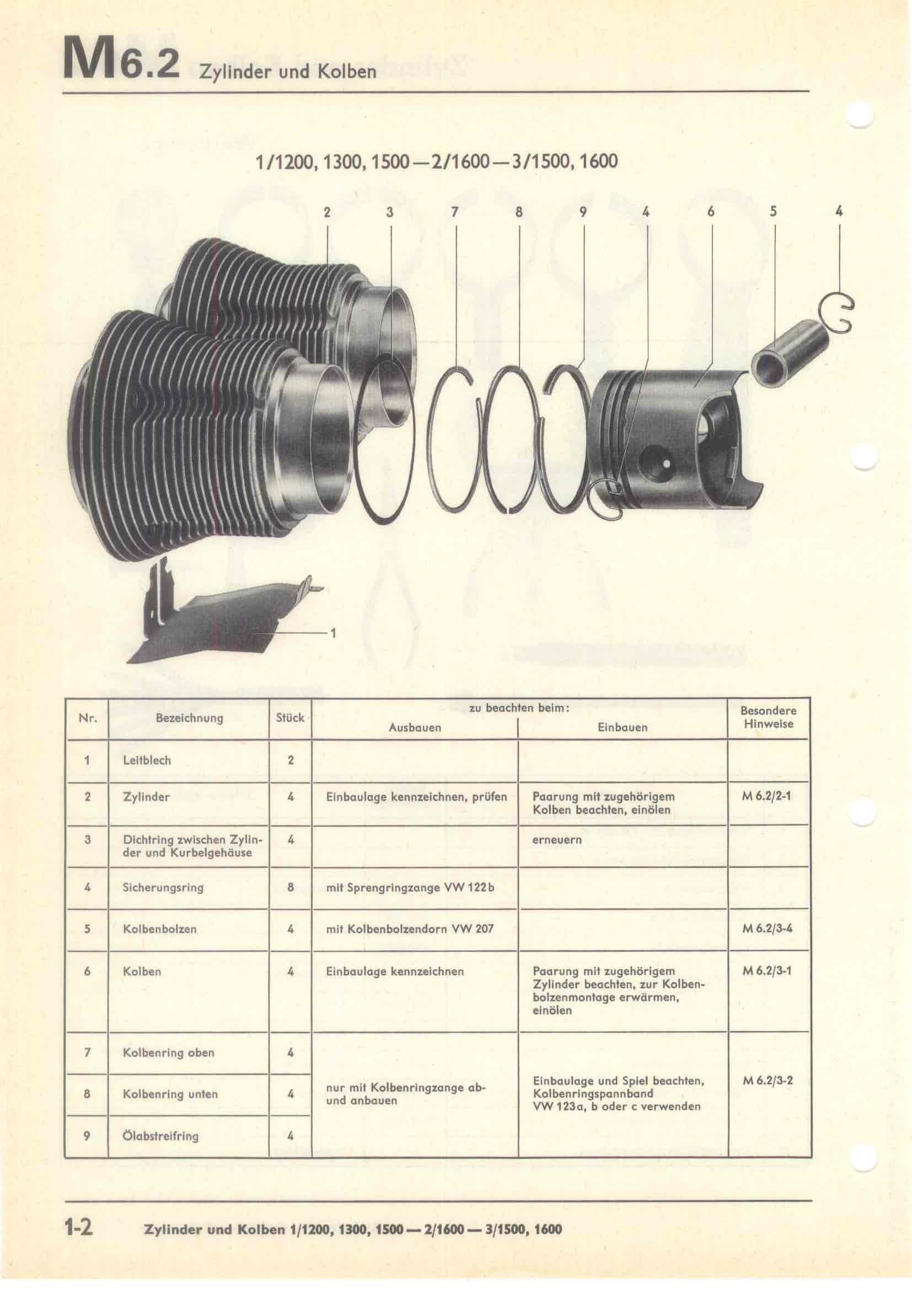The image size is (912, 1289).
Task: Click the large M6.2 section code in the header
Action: [121, 58]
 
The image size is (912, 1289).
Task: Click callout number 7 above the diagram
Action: [455, 212]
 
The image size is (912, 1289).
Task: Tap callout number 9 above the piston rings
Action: [583, 212]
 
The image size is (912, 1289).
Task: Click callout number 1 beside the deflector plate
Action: [333, 633]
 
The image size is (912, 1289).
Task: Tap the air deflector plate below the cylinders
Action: [224, 618]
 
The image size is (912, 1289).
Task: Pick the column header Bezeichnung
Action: [189, 718]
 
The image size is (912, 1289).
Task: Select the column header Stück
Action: [290, 718]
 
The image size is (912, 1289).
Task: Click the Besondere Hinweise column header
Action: [768, 718]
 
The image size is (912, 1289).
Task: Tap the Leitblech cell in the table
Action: [147, 761]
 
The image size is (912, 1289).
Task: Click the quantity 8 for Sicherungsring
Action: [291, 888]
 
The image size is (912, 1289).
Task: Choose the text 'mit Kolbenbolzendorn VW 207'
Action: [410, 929]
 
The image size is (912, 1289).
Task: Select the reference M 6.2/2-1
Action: [767, 797]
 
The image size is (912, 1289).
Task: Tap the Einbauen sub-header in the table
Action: [622, 727]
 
